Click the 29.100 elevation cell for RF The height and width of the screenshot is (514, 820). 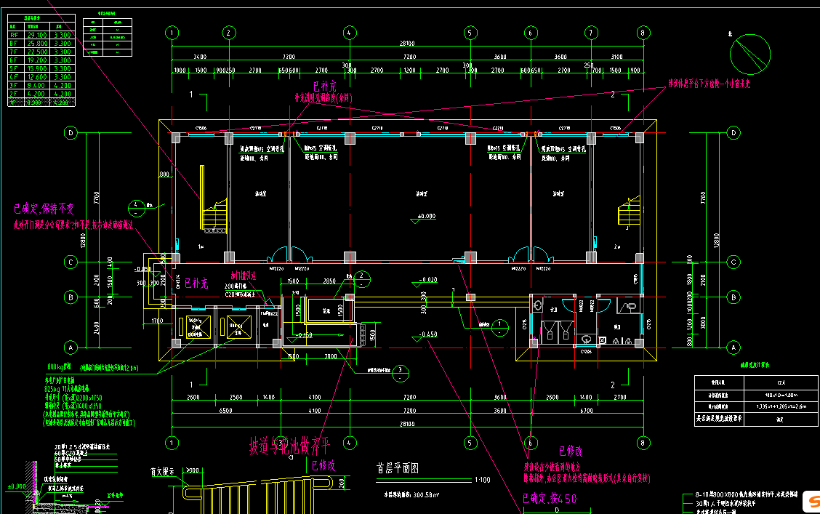[x=37, y=35]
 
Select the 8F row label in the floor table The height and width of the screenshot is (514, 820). [x=14, y=44]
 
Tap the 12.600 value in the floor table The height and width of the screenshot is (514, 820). [x=37, y=76]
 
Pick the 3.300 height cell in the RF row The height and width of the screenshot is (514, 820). [x=63, y=35]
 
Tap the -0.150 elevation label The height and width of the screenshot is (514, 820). [x=305, y=335]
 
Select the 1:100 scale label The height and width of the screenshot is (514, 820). [x=481, y=480]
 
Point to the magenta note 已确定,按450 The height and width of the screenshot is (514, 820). [x=550, y=499]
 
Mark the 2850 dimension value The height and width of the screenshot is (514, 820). [x=329, y=281]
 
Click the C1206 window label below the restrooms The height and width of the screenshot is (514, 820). [x=587, y=352]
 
